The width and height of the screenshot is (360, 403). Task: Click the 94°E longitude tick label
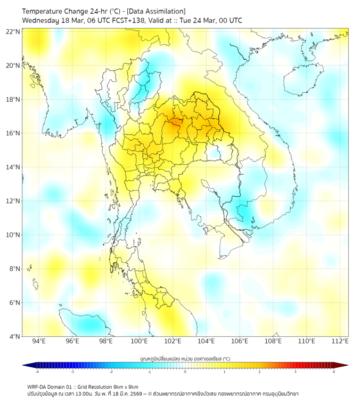(x=39, y=342)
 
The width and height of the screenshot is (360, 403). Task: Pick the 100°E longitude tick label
(x=139, y=342)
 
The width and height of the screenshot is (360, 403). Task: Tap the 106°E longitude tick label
(x=240, y=342)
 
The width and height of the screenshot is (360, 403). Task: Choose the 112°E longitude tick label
(x=340, y=342)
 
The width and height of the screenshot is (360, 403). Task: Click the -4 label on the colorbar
(x=36, y=372)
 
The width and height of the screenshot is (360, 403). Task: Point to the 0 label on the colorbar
(x=185, y=372)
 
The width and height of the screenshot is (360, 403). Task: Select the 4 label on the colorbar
(x=334, y=372)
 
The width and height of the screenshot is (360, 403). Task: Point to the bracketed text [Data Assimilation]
(x=156, y=11)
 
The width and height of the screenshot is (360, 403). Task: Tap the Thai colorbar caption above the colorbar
(x=185, y=358)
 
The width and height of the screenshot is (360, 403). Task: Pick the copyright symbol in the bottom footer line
(x=151, y=393)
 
